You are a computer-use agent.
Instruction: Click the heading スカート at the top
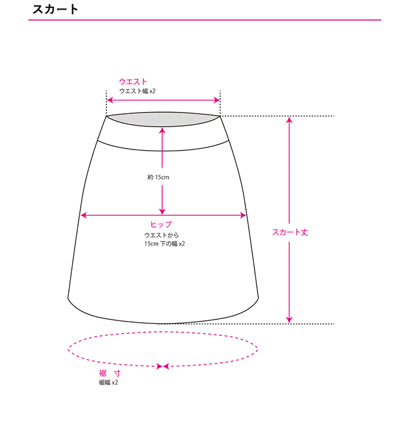[x=56, y=10]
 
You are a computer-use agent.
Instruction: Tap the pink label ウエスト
[x=133, y=82]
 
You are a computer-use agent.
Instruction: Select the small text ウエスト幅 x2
[x=137, y=91]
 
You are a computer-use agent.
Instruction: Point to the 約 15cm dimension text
[x=158, y=177]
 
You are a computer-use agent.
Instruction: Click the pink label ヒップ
[x=161, y=225]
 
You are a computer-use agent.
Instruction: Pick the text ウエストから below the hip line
[x=161, y=235]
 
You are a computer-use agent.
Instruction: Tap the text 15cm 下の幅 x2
[x=164, y=244]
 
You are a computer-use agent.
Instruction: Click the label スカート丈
[x=290, y=232]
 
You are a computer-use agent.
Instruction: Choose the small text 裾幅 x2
[x=108, y=383]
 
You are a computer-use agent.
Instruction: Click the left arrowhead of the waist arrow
[x=109, y=100]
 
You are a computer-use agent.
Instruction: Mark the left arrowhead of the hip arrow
[x=84, y=215]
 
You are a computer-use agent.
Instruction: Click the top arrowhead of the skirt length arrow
[x=290, y=120]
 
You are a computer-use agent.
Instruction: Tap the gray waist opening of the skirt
[x=163, y=119]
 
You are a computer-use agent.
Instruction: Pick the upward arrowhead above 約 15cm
[x=162, y=131]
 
